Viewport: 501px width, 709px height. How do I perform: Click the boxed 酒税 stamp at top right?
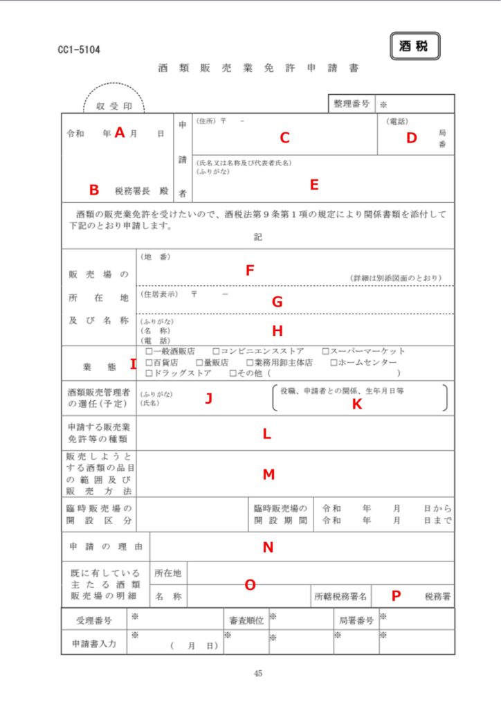point(415,46)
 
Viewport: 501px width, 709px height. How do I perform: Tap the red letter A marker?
point(119,133)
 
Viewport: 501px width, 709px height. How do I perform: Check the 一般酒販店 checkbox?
point(149,351)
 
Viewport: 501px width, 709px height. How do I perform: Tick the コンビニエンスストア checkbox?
point(217,351)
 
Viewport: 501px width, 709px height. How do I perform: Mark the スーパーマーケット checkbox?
point(325,351)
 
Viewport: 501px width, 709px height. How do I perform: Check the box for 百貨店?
point(149,362)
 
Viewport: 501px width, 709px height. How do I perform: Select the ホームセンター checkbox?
point(334,362)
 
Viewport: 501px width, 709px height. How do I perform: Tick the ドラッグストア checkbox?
point(149,374)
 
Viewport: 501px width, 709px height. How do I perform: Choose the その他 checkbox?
point(233,374)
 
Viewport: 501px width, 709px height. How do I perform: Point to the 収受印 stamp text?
point(114,107)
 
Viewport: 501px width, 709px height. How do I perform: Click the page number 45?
point(258,673)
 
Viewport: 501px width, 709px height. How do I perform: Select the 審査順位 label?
point(246,620)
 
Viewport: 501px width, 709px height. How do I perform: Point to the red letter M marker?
point(268,474)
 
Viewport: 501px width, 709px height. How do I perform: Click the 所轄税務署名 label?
point(341,595)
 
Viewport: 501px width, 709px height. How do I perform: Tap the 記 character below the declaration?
point(258,237)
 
